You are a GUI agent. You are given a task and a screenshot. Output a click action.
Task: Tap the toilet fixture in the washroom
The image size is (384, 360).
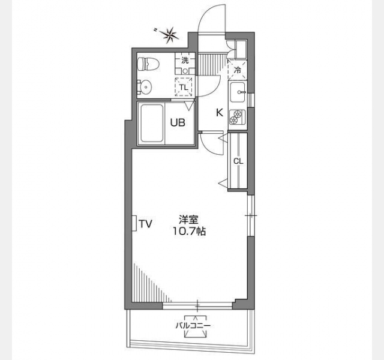pyautogui.click(x=148, y=64)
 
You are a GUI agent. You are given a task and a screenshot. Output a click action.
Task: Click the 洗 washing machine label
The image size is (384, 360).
pyautogui.click(x=185, y=60)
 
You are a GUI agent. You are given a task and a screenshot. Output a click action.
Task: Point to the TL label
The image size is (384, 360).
pyautogui.click(x=184, y=87)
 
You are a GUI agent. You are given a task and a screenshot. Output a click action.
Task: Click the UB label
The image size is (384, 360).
pyautogui.click(x=178, y=122)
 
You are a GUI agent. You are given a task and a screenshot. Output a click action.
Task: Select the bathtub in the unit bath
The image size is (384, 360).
pyautogui.click(x=152, y=123)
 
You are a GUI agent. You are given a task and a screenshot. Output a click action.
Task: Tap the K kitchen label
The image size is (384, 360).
pyautogui.click(x=219, y=113)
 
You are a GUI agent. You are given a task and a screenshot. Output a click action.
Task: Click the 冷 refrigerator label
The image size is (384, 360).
pyautogui.click(x=238, y=70)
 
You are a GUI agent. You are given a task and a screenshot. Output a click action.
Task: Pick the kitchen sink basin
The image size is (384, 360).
pyautogui.click(x=238, y=92)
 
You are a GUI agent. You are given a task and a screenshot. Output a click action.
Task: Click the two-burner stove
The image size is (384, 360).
pyautogui.click(x=238, y=117)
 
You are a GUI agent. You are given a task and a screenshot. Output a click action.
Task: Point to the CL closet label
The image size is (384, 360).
pyautogui.click(x=238, y=161)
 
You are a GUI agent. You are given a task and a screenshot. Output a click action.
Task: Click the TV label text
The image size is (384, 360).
pyautogui.click(x=146, y=224)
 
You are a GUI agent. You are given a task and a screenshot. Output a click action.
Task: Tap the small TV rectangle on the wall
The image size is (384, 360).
pyautogui.click(x=134, y=223)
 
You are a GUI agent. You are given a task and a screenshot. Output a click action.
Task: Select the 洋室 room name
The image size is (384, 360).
pyautogui.click(x=188, y=220)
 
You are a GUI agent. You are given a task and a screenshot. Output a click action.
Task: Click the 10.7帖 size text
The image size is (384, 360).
pyautogui.click(x=190, y=231)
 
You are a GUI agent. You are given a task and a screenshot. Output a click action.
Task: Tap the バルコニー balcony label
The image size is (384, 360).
pyautogui.click(x=193, y=325)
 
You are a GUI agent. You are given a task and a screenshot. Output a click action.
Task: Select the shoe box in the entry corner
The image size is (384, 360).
pyautogui.click(x=241, y=50)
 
